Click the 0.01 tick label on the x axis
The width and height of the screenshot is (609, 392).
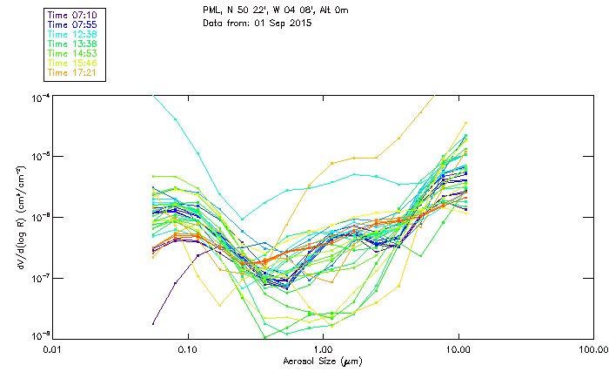[x=53, y=349]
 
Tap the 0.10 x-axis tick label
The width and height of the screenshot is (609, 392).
[x=188, y=349]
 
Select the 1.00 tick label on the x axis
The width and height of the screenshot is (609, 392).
[x=323, y=349]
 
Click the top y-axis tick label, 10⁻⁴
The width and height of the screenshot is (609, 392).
[x=39, y=97]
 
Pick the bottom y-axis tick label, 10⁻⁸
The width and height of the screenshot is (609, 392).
[x=39, y=336]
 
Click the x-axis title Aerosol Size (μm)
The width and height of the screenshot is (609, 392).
[x=322, y=362]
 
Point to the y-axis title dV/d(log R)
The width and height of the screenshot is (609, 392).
[x=19, y=216]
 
